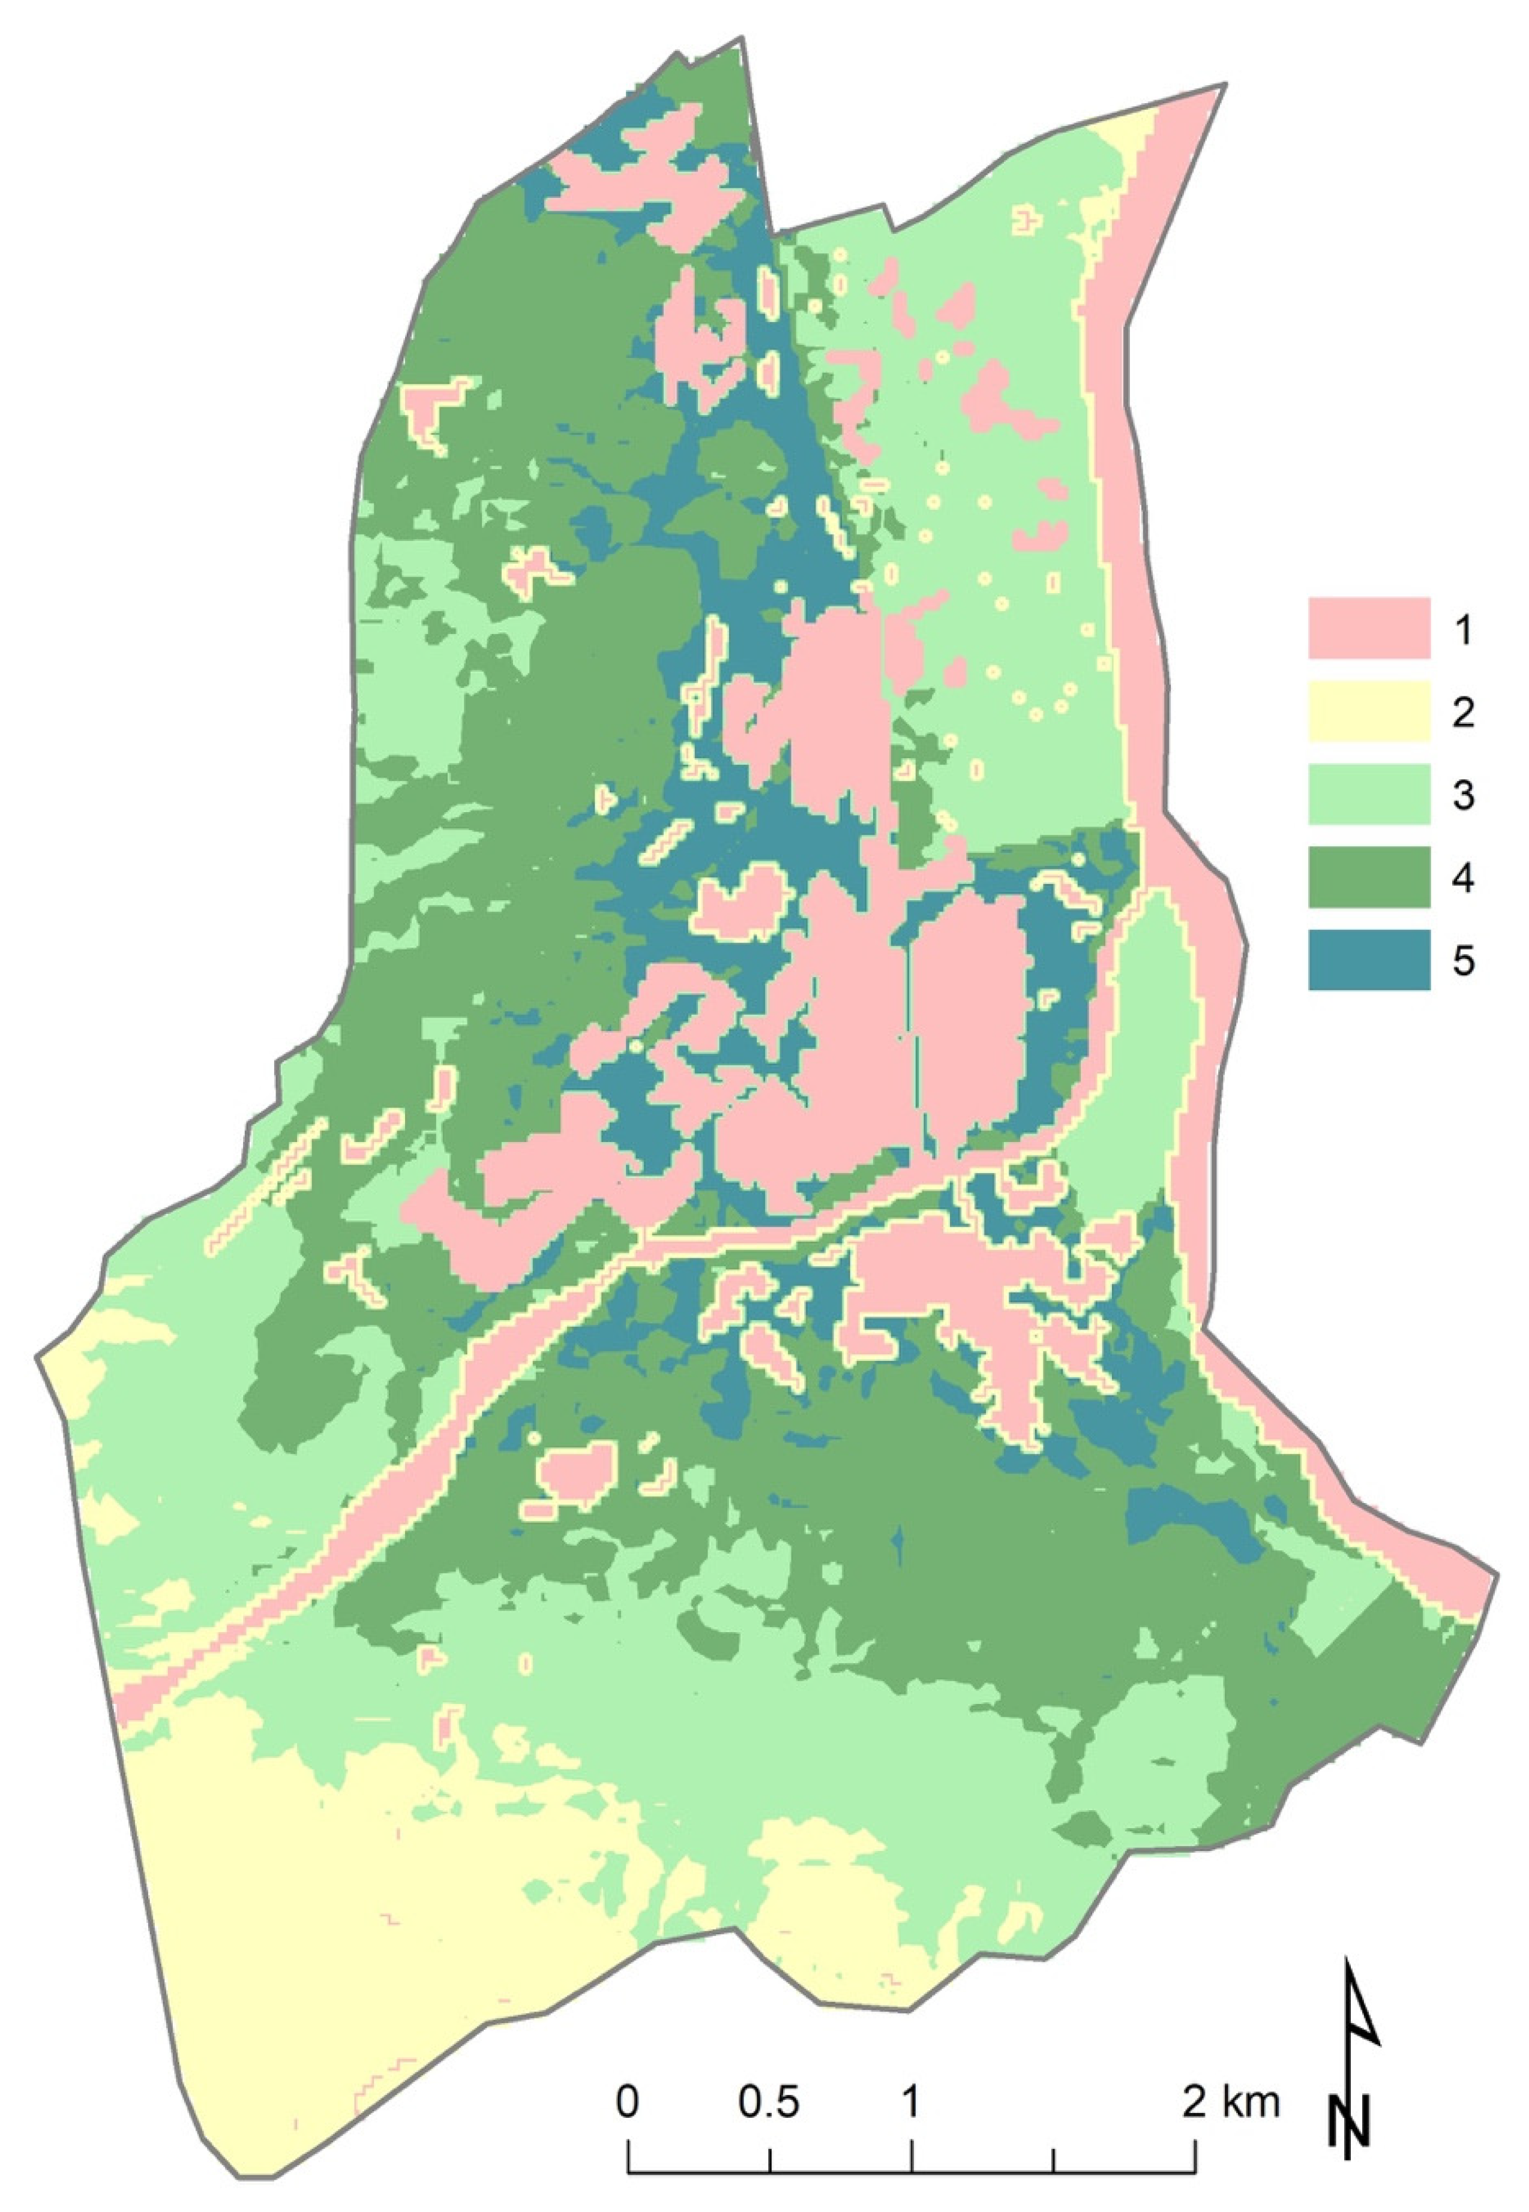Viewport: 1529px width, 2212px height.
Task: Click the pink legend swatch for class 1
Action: pos(1369,628)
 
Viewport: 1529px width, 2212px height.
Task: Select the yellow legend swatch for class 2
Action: pos(1369,711)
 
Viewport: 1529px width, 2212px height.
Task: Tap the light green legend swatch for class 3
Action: pos(1369,794)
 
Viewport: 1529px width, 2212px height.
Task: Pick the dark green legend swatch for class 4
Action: pos(1369,876)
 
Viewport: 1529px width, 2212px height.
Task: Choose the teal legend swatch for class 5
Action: pos(1369,960)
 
